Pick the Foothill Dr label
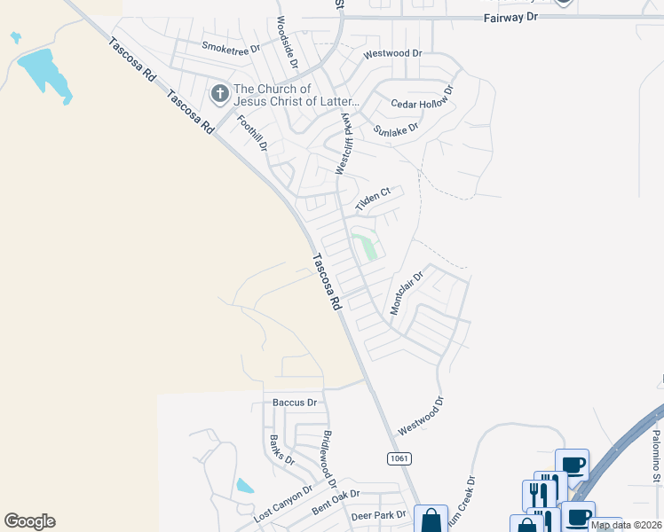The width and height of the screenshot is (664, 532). [x=251, y=132]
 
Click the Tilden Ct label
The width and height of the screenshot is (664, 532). [x=373, y=199]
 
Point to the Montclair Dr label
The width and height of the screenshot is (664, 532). [x=407, y=293]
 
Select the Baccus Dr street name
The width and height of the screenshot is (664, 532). [x=295, y=403]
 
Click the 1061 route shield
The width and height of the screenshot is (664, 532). [x=398, y=458]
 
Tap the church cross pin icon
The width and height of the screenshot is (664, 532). [x=220, y=92]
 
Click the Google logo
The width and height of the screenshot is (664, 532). [x=30, y=521]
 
